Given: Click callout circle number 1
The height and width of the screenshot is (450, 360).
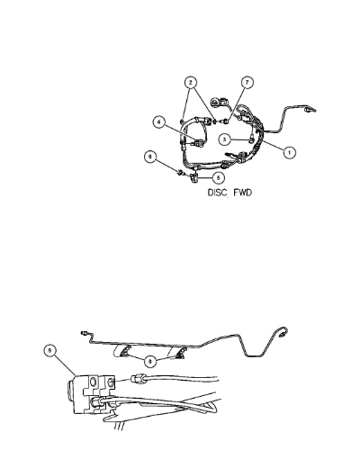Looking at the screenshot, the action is [x=289, y=152].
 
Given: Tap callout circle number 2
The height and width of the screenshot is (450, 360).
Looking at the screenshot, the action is [x=191, y=82].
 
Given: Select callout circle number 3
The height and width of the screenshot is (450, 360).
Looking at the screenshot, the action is [x=225, y=139].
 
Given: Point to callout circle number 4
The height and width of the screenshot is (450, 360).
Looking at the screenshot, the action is [x=159, y=122].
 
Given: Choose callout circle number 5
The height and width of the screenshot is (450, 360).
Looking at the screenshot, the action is [x=218, y=177].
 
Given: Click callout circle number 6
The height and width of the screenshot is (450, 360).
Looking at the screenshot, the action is [x=150, y=157].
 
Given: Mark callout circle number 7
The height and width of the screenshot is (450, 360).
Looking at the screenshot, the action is [x=247, y=82].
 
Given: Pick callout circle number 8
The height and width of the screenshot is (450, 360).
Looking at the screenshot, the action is [x=150, y=361].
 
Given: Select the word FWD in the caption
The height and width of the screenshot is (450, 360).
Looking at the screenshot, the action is [x=242, y=193].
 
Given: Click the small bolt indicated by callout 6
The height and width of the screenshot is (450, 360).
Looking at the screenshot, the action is [x=181, y=173].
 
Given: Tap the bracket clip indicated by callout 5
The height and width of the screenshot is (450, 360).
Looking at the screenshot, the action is [x=193, y=177].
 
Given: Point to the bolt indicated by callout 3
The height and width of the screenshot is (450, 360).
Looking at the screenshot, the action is [x=250, y=139].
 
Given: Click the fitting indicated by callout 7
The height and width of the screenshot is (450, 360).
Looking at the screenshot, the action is [x=226, y=121].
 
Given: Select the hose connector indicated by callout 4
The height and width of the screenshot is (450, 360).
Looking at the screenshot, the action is [x=198, y=143].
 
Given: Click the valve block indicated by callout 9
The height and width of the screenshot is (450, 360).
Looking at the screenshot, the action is [x=91, y=394].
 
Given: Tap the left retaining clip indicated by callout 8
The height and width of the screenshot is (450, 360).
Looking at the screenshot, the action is [x=125, y=351].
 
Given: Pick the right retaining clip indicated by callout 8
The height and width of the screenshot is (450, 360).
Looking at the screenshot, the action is [x=181, y=354].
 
